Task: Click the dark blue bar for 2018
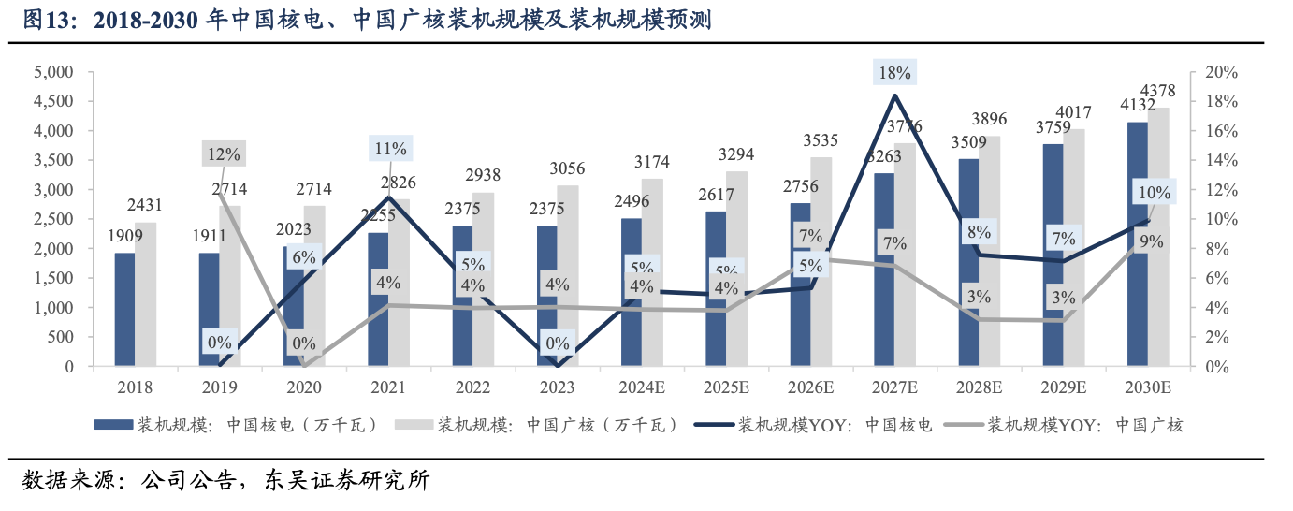tap(124, 310)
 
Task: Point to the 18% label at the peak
tap(894, 73)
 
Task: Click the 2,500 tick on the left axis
tap(53, 219)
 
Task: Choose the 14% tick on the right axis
tap(1220, 160)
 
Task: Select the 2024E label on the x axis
tap(642, 386)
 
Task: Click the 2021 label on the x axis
tap(388, 386)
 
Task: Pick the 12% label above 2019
tap(224, 153)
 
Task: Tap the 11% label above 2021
tap(389, 148)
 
